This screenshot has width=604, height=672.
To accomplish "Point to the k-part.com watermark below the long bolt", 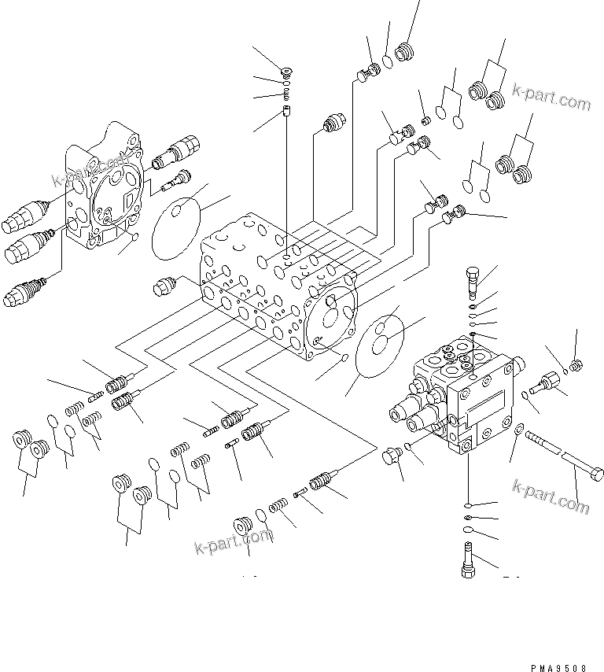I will (x=550, y=496).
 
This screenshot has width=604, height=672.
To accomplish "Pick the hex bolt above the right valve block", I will (x=470, y=278).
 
